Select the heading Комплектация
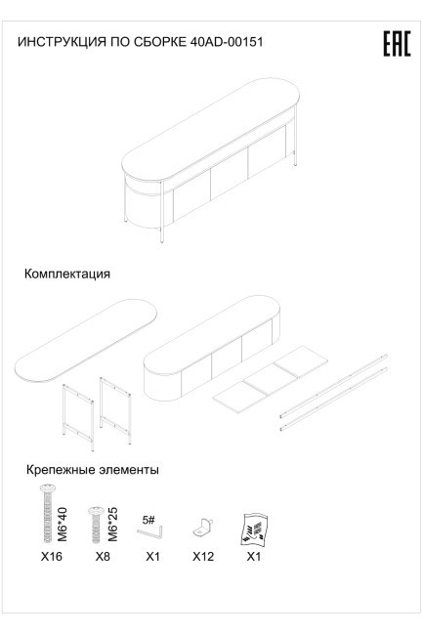pos(67,275)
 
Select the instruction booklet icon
pos(253,527)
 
